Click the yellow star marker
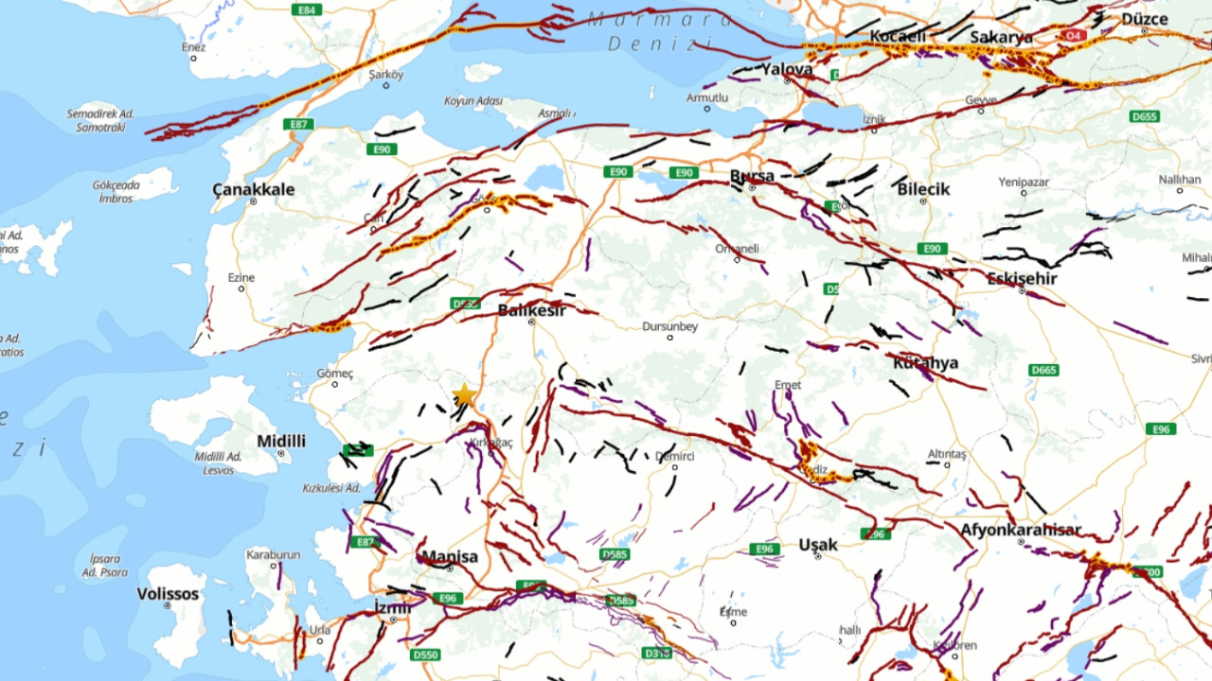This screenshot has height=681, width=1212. click(464, 395)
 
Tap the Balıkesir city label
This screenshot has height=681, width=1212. click(531, 309)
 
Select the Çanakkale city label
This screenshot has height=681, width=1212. click(253, 189)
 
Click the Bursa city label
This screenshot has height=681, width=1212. click(752, 176)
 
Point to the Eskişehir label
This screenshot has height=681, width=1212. click(1022, 278)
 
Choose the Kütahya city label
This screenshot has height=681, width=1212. click(925, 362)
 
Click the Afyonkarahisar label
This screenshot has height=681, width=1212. click(1020, 530)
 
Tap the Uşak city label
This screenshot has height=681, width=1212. click(817, 545)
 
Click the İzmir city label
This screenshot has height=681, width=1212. click(392, 607)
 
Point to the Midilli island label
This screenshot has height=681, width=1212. click(281, 441)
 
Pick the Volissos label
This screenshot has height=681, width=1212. click(169, 594)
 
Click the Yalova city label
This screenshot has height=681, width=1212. click(788, 69)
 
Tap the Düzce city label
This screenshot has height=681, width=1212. click(1144, 18)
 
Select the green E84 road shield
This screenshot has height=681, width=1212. click(306, 9)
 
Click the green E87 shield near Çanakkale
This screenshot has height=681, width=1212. click(298, 124)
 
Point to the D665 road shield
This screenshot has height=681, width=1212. click(1042, 370)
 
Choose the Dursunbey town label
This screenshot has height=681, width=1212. click(669, 326)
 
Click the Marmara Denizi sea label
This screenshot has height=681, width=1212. click(660, 30)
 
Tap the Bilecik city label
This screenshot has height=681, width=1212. click(923, 189)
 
